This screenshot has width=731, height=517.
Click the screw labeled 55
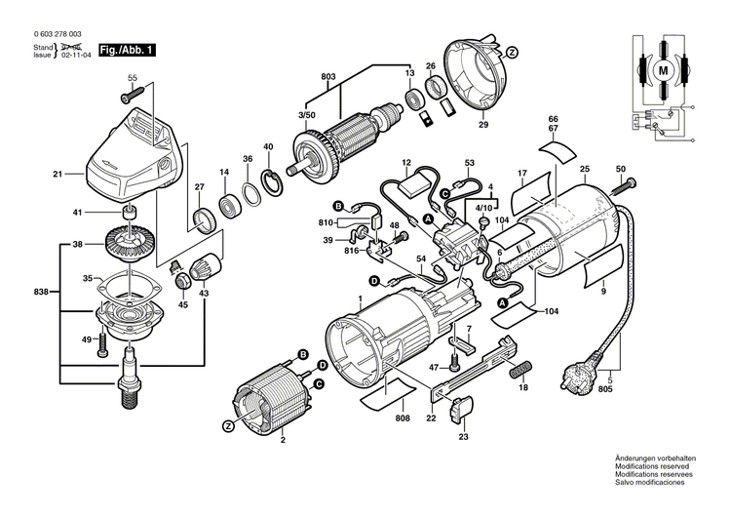129,96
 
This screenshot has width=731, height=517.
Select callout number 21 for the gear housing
57,176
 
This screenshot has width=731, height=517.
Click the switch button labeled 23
459,413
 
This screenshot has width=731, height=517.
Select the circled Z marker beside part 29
513,51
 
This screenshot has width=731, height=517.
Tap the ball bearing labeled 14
229,206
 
